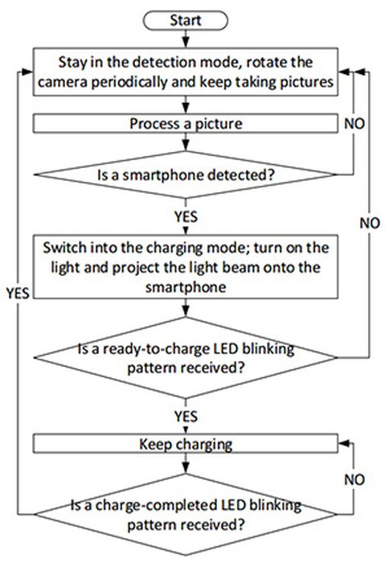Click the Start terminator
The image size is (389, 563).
tap(185, 20)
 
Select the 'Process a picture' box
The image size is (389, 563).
tap(186, 124)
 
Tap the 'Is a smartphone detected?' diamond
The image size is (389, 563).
tap(186, 175)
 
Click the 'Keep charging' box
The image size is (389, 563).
tap(186, 444)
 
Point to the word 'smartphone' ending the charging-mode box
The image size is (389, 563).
tap(186, 287)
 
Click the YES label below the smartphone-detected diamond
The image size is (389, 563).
tap(186, 217)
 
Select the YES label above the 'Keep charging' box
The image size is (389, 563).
tap(186, 417)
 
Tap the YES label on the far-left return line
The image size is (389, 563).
tap(18, 294)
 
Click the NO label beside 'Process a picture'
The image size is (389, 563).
tap(354, 124)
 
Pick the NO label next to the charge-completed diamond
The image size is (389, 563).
tap(354, 479)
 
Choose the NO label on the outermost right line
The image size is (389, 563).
tap(370, 224)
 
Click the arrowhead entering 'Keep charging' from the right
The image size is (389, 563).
tap(343, 443)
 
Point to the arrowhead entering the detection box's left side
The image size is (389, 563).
tap(27, 72)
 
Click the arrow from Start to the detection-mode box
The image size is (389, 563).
tap(186, 39)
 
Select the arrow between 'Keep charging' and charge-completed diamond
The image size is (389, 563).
tap(186, 463)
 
